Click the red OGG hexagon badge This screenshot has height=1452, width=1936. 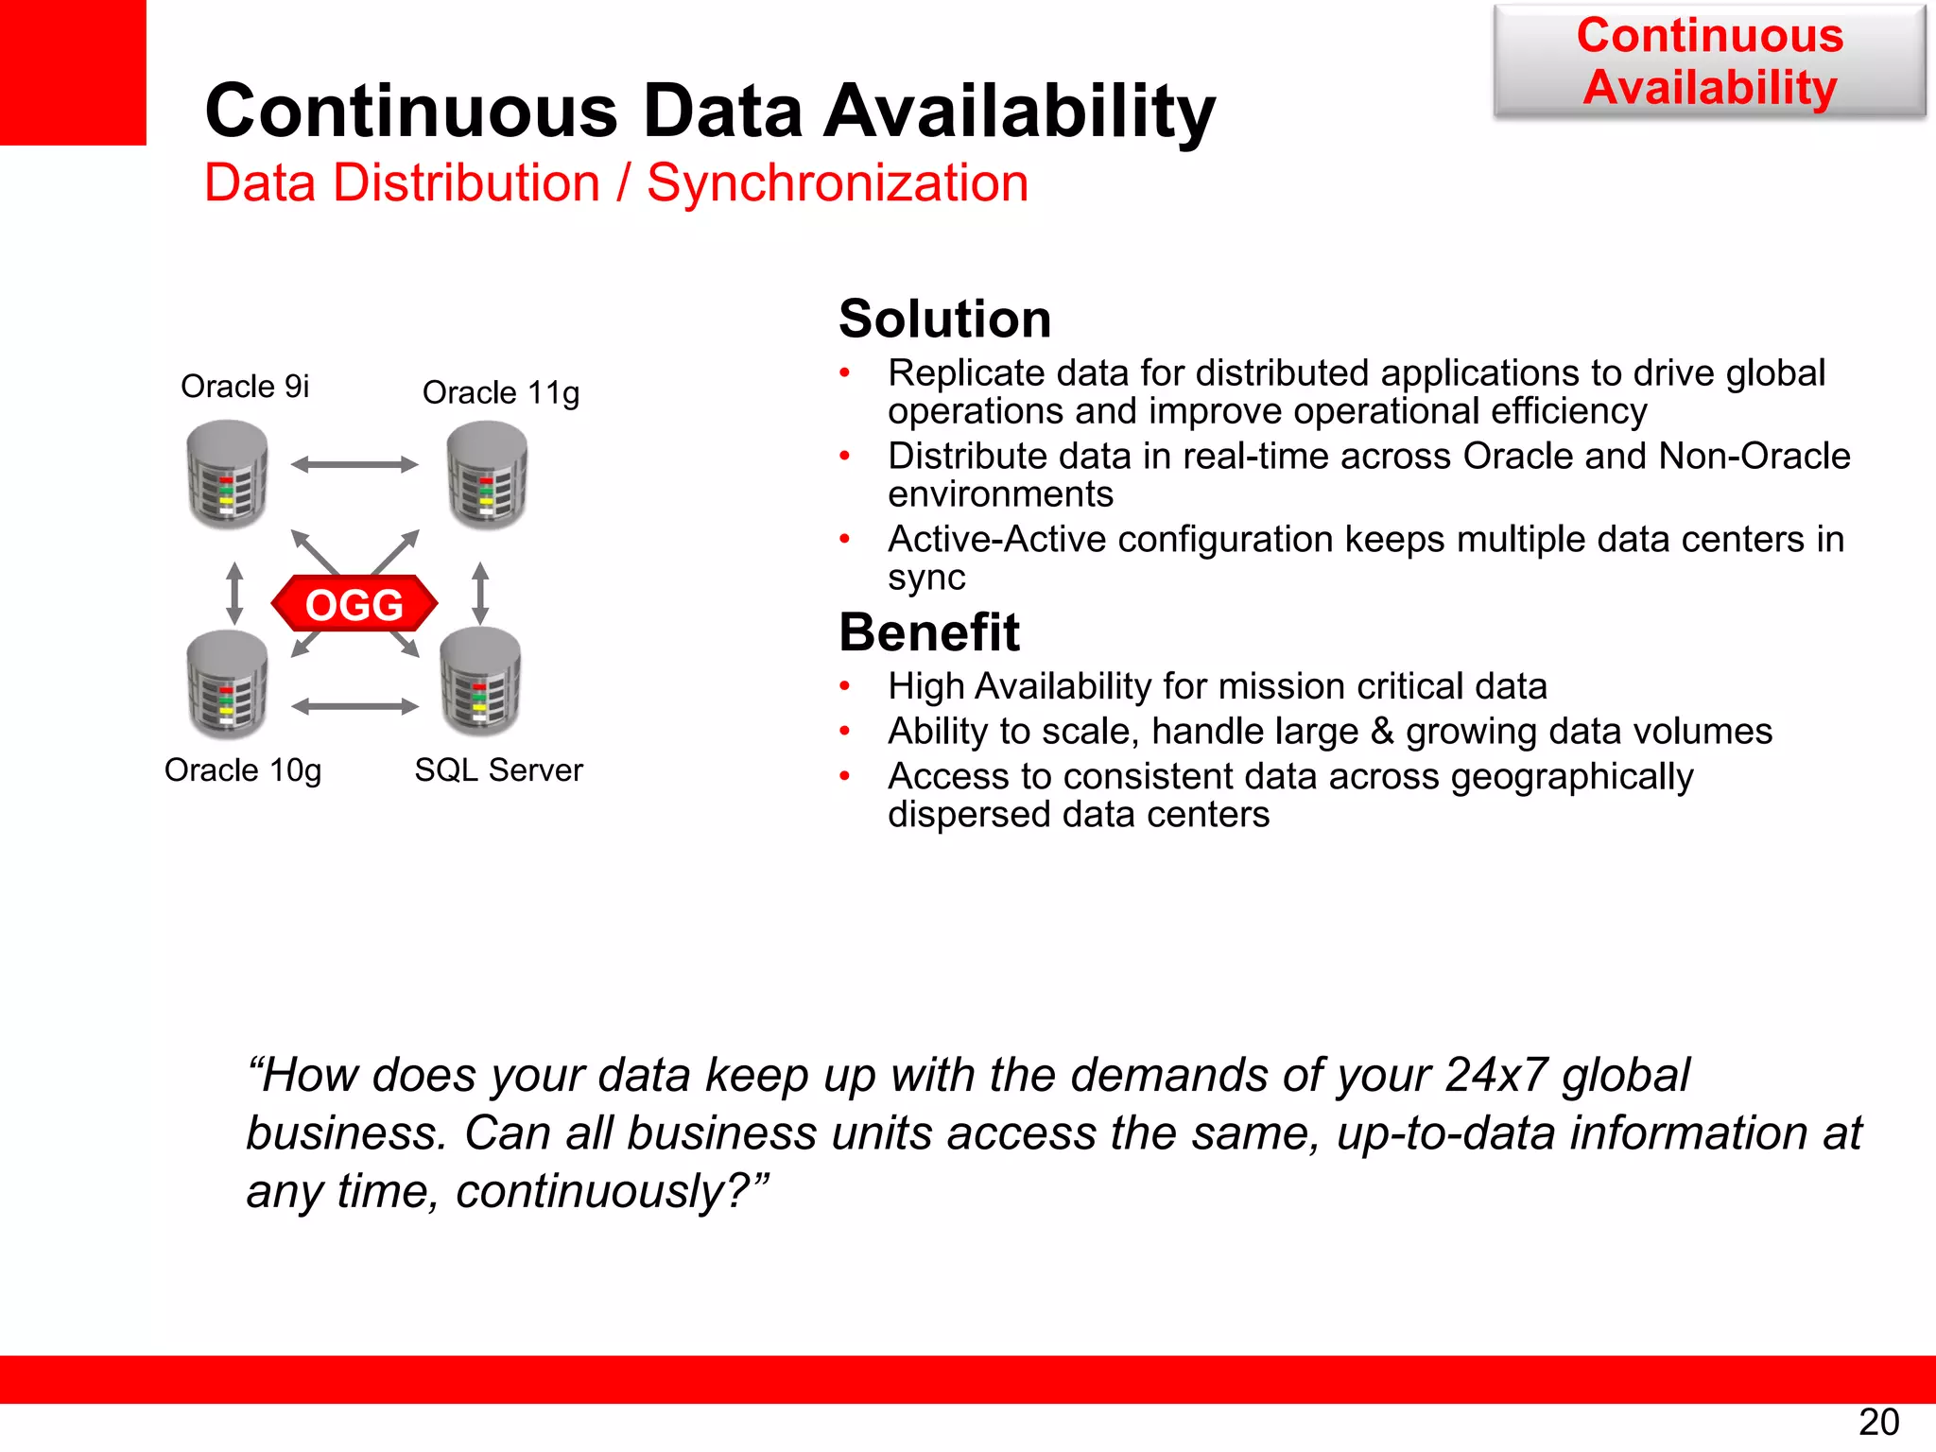coord(354,604)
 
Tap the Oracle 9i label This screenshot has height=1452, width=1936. coord(245,387)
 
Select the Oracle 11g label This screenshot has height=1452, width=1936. coord(500,392)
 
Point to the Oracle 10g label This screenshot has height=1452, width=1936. coord(243,770)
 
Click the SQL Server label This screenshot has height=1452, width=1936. coord(498,769)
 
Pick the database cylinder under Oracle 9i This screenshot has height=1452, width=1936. coord(227,475)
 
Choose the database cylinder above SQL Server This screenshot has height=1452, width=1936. coord(480,682)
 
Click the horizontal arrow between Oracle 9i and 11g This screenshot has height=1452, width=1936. coord(354,464)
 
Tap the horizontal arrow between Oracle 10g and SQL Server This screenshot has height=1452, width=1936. coord(354,706)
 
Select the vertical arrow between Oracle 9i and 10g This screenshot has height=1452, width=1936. coord(235,594)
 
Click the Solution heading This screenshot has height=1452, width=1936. coord(944,319)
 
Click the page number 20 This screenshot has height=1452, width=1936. coord(1878,1422)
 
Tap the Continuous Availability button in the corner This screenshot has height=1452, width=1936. coord(1709,61)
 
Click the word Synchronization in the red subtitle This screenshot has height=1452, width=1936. coord(838,182)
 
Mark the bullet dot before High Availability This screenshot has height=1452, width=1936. coord(845,686)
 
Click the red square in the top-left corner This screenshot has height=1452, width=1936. coord(73,72)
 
